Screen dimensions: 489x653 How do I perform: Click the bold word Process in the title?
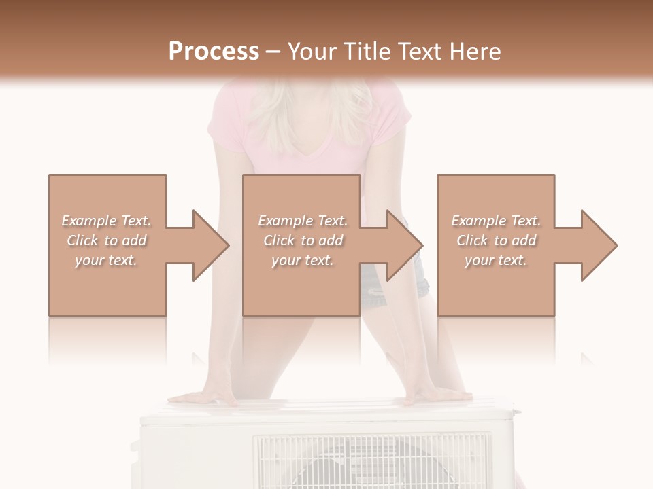coord(214,51)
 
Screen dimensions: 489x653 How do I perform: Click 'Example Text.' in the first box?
coord(106,221)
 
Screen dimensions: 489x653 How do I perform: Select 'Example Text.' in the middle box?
coord(303,221)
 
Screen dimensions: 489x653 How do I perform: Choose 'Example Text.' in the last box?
coord(496,221)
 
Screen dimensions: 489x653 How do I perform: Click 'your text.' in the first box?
coord(106,260)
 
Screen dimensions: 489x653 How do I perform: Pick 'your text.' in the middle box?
coord(303,260)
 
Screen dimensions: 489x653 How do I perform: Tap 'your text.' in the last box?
coord(496,260)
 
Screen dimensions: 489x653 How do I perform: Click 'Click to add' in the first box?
coord(106,240)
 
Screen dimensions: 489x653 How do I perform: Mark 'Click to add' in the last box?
coord(496,240)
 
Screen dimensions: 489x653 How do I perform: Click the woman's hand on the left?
coord(201,397)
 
